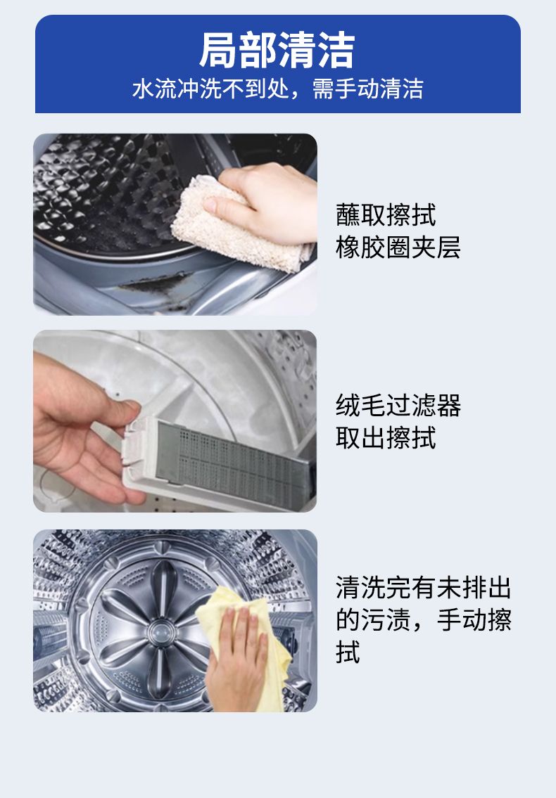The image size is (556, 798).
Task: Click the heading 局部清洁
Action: (277, 50)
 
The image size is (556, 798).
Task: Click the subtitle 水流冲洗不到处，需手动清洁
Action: (278, 89)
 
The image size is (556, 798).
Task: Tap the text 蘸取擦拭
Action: (386, 214)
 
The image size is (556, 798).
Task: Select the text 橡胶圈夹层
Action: (398, 247)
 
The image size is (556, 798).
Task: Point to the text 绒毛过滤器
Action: (398, 406)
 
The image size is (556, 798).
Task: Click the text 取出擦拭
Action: (386, 438)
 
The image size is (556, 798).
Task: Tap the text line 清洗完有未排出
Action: (423, 588)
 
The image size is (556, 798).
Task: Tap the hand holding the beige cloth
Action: (267, 201)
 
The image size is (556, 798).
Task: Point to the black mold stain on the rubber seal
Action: (153, 283)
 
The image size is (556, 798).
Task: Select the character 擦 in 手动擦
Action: (499, 620)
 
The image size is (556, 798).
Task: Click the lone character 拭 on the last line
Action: (348, 652)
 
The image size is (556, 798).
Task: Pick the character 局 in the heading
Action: (217, 50)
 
